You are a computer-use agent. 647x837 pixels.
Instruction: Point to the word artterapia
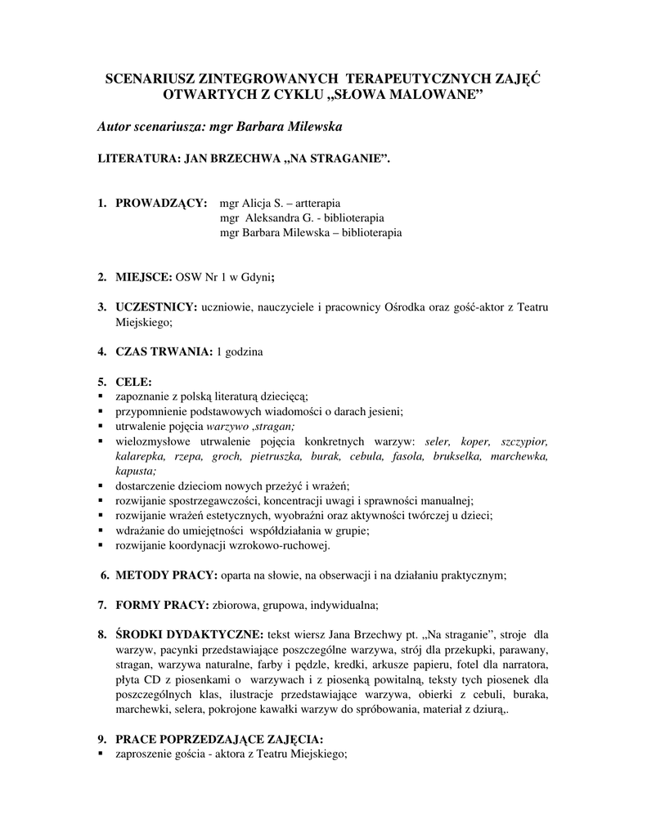(x=318, y=202)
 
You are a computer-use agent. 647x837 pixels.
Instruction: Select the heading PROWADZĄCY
(x=160, y=202)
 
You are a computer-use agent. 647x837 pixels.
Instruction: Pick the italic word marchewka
(x=518, y=456)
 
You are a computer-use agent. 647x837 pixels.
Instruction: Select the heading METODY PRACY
(x=166, y=575)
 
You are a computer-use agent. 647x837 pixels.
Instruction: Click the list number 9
(x=102, y=740)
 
